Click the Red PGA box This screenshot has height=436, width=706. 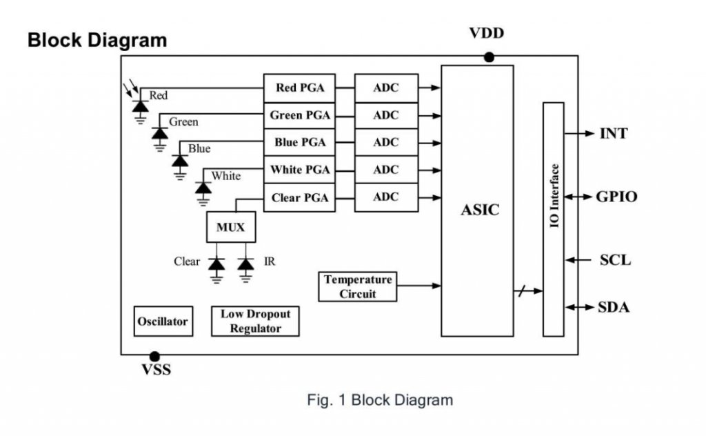[x=299, y=88]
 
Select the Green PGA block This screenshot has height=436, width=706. [x=299, y=115]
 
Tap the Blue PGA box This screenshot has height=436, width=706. [x=299, y=142]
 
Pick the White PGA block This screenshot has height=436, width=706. [x=299, y=170]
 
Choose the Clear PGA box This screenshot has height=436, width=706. [x=299, y=197]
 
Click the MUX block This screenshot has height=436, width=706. [x=230, y=227]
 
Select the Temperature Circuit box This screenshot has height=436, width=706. [x=358, y=286]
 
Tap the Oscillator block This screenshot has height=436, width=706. [x=163, y=321]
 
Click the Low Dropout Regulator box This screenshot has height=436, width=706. [x=255, y=321]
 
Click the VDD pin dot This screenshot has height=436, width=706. [x=489, y=57]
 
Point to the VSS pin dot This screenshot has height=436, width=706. [x=154, y=355]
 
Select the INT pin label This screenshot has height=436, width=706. [x=613, y=133]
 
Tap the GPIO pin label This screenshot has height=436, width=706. [x=616, y=197]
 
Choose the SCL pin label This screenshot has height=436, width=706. [x=615, y=260]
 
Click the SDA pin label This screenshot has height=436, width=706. [x=614, y=307]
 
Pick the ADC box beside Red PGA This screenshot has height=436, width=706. [x=386, y=88]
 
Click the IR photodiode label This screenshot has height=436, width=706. [x=269, y=261]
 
